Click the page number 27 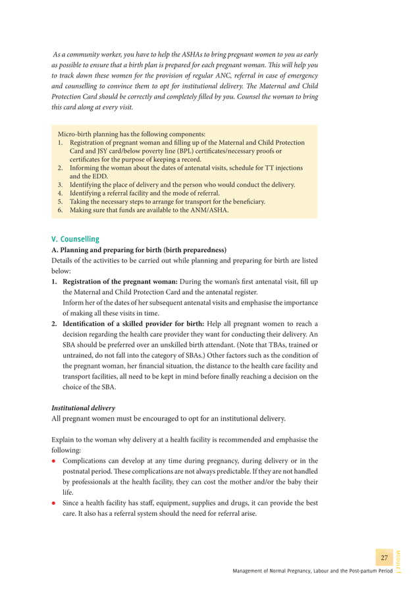[x=384, y=557]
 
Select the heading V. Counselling [x=75, y=239]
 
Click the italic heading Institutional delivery [x=83, y=408]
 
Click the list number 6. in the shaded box [x=60, y=210]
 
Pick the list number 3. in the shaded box [x=60, y=185]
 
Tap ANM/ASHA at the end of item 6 [x=207, y=210]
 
